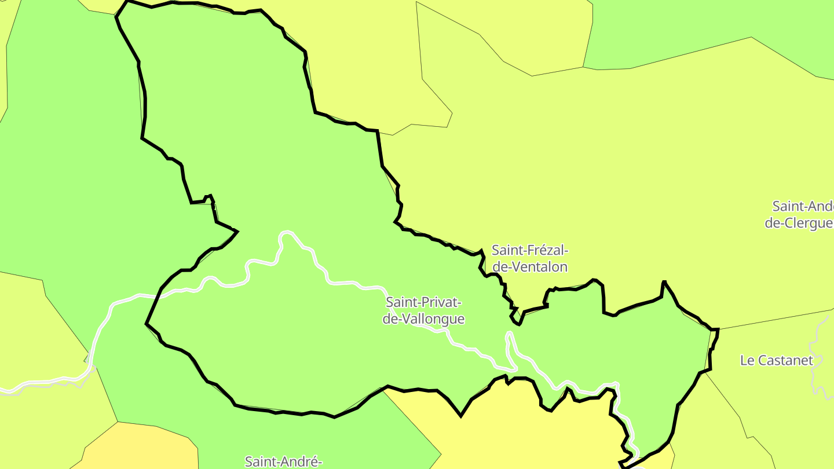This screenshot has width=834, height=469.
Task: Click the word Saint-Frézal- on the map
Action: pyautogui.click(x=530, y=251)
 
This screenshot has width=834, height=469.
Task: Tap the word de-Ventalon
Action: pyautogui.click(x=530, y=267)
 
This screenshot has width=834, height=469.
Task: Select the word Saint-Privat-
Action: pyautogui.click(x=424, y=302)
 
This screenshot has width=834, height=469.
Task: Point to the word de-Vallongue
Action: pyautogui.click(x=424, y=319)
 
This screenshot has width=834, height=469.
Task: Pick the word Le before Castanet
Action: pyautogui.click(x=747, y=360)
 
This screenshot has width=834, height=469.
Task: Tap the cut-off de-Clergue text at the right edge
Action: pyautogui.click(x=799, y=223)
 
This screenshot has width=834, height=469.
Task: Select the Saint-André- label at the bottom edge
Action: pyautogui.click(x=283, y=461)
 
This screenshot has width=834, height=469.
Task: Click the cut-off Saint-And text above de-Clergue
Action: pyautogui.click(x=803, y=207)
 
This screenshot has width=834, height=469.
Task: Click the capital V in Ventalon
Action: pyautogui.click(x=515, y=267)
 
